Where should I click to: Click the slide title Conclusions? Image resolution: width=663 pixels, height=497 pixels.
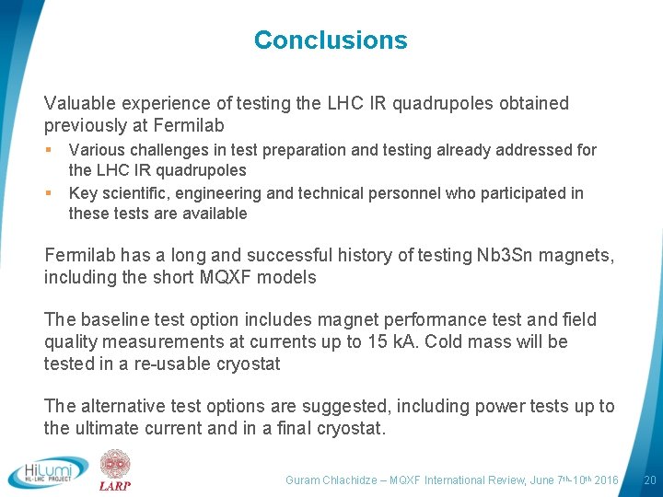pos(331,40)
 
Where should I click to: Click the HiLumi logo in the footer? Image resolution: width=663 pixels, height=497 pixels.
pos(48,471)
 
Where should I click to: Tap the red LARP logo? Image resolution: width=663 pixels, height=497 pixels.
pos(115,470)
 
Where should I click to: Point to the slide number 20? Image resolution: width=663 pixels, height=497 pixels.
pos(649,480)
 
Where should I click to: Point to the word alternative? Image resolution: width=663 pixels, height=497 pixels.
pos(125,406)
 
